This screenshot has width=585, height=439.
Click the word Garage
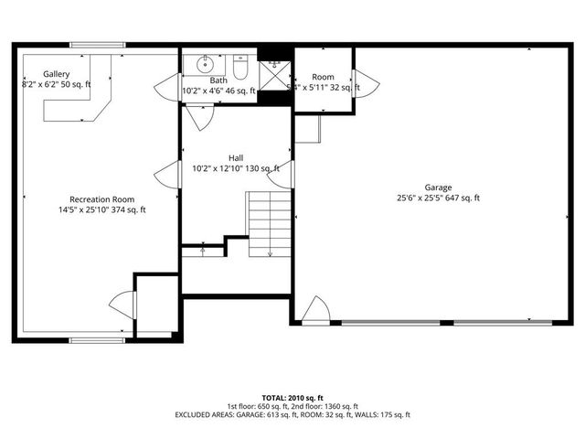438,187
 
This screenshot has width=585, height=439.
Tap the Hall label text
236,157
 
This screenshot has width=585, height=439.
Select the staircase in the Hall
269,223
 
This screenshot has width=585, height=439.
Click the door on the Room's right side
367,83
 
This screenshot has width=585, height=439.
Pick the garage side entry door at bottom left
316,310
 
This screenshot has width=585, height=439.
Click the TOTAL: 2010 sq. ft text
292,398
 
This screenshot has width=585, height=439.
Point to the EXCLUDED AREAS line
292,414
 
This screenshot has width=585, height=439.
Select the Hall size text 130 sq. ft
261,168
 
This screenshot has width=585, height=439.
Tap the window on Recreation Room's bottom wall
97,340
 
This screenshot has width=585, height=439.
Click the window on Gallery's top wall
97,45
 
